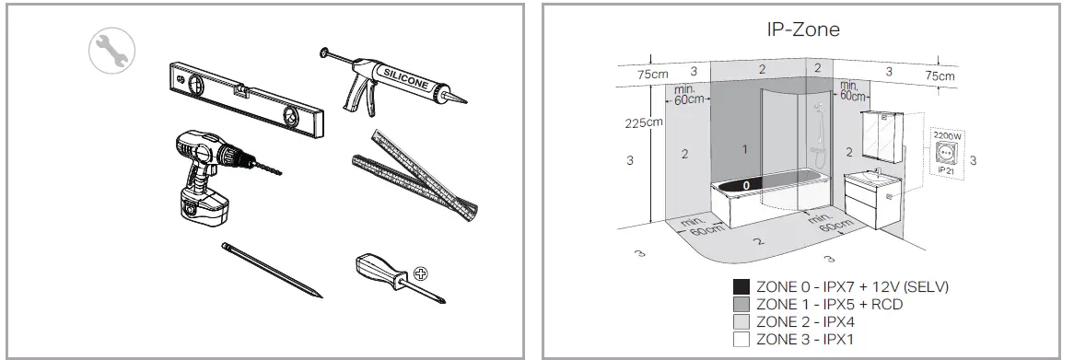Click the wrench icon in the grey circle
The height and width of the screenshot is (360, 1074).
click(x=108, y=52)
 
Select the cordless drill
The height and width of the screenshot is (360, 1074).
click(x=207, y=176)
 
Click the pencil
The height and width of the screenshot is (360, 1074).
click(x=273, y=270)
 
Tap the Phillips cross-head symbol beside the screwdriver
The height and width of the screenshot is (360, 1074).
click(x=421, y=273)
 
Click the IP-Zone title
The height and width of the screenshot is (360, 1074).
click(x=802, y=29)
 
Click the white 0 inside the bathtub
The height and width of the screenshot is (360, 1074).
click(x=747, y=185)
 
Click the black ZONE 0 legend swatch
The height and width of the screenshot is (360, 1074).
click(x=741, y=287)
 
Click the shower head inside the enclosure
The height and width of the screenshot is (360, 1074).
click(x=816, y=109)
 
